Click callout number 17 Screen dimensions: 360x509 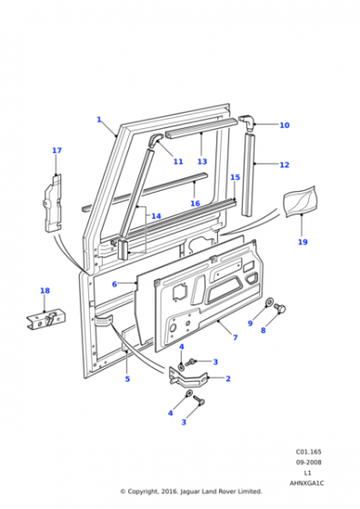click(56, 151)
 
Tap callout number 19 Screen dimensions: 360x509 click(303, 242)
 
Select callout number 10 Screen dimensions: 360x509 click(285, 125)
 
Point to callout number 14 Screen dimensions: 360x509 click(156, 216)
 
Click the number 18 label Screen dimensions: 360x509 click(45, 291)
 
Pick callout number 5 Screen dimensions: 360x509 click(127, 379)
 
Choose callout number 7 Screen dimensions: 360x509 click(235, 337)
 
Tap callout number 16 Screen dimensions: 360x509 click(195, 204)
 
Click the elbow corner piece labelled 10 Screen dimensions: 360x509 click(247, 121)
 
